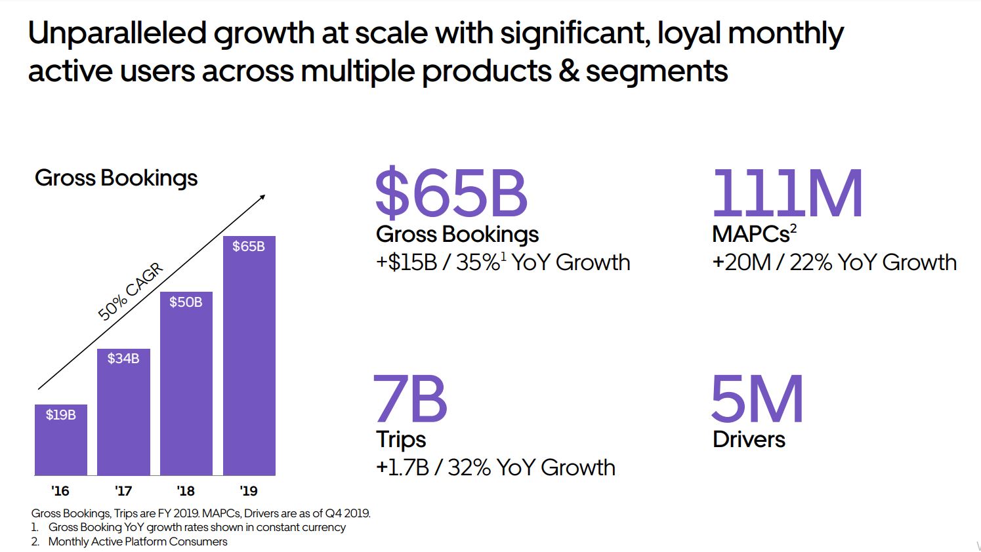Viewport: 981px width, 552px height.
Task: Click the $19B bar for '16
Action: coord(60,440)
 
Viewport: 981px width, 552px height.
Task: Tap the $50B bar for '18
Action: coord(186,384)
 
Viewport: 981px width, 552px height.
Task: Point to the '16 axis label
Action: coord(60,491)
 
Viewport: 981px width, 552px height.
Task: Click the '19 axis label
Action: coord(249,491)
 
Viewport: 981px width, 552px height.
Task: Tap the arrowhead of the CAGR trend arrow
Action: coord(262,197)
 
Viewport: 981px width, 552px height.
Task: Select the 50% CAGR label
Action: coord(130,292)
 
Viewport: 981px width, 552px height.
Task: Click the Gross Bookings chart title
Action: coord(116,178)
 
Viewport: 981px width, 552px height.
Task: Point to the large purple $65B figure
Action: coord(451,193)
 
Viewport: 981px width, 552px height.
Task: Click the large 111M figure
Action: coord(787,193)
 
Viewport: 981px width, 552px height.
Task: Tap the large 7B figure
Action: coord(410,399)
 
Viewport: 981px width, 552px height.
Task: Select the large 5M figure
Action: coord(757,399)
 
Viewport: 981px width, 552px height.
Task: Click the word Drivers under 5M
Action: coord(749,439)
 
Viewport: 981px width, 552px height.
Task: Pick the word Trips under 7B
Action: coord(401,439)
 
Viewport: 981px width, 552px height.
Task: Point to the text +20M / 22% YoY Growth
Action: coord(834,263)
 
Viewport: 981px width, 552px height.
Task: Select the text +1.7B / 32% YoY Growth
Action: coord(495,468)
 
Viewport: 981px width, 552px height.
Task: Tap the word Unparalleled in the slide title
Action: coord(117,33)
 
